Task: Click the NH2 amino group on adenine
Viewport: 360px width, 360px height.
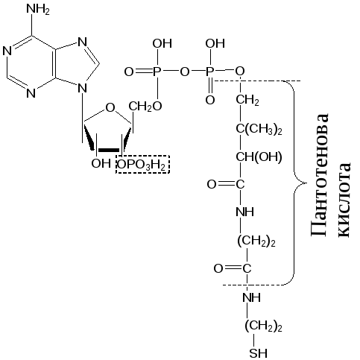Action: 38,10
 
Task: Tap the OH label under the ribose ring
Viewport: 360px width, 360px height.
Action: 101,163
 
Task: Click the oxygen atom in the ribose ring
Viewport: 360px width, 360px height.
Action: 110,108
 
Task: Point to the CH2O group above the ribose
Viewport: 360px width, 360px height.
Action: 145,107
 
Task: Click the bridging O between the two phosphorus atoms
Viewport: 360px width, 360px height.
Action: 184,72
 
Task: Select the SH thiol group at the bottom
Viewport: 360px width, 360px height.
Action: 259,353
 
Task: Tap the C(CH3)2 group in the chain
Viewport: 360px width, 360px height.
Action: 259,130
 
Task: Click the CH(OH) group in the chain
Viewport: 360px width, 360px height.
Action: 259,157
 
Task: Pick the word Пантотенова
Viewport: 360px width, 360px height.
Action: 320,175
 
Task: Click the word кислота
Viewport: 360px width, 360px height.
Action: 344,200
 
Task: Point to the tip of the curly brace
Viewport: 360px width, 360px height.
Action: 306,183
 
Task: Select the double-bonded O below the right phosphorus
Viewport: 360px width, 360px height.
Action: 210,100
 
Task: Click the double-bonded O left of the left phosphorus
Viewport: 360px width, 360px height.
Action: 129,72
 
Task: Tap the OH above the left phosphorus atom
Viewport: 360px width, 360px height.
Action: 162,43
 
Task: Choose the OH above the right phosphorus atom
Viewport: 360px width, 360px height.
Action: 215,43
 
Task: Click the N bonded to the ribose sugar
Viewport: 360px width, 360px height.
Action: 82,88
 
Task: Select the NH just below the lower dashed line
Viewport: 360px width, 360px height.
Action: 251,297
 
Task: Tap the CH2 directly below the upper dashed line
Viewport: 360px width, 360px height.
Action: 247,100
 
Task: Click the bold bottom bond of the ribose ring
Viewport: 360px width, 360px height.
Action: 109,150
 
